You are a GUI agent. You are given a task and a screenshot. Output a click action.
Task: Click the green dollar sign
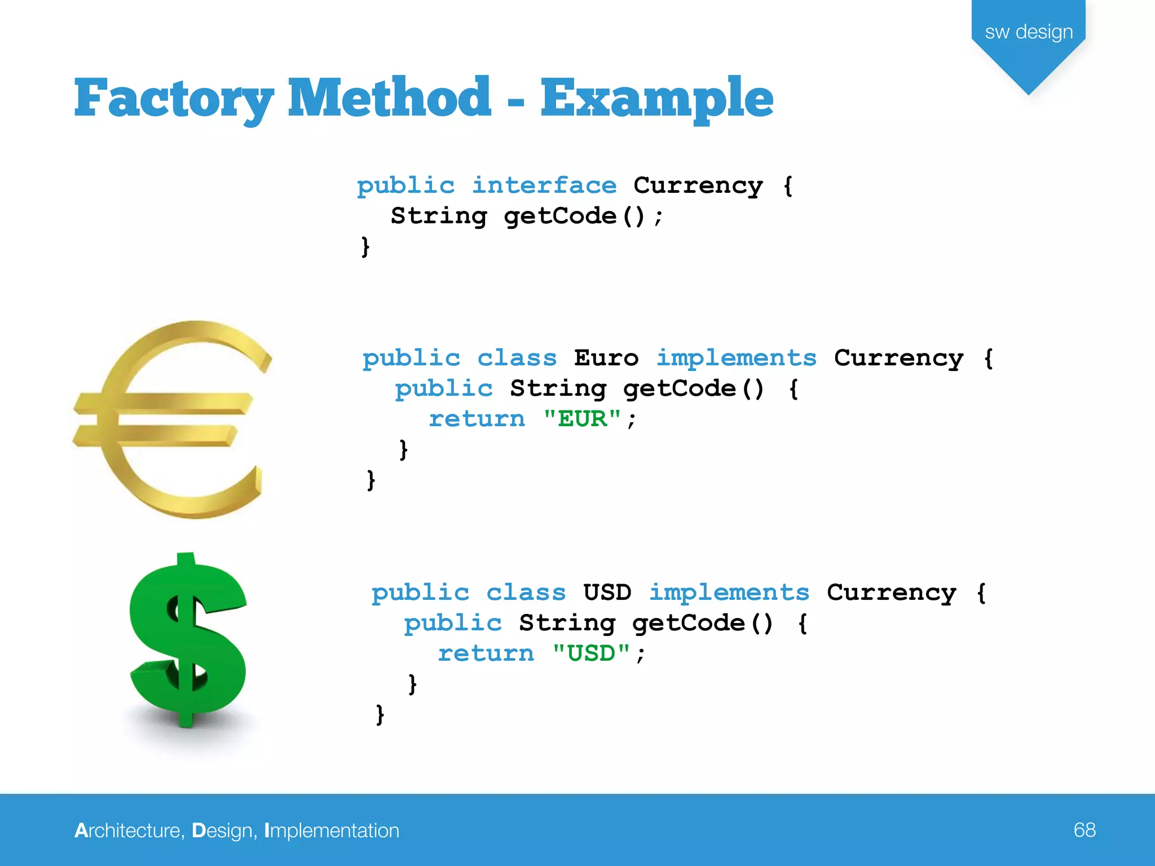(188, 640)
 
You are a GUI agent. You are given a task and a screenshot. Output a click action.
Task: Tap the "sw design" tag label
(1029, 32)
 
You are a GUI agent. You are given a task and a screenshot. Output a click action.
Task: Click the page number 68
(1085, 830)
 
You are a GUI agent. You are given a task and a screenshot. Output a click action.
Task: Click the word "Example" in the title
(657, 99)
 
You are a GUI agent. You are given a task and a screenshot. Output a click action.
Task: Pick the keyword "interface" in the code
(544, 185)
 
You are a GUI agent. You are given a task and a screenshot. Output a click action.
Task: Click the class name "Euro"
(606, 358)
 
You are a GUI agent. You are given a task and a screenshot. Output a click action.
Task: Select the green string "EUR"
(582, 419)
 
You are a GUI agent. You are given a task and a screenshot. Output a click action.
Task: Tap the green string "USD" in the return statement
(591, 653)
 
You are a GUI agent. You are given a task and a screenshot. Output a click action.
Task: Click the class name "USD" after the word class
(607, 593)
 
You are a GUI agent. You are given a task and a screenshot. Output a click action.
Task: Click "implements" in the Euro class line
(737, 358)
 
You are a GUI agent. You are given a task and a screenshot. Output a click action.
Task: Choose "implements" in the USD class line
(729, 593)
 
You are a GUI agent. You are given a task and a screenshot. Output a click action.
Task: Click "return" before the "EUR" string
(477, 419)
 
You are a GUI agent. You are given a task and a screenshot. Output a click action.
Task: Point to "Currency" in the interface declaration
(698, 185)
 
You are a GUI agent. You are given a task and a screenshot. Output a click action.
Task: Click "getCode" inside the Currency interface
(560, 216)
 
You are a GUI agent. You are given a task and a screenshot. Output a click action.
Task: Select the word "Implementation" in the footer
(332, 830)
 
